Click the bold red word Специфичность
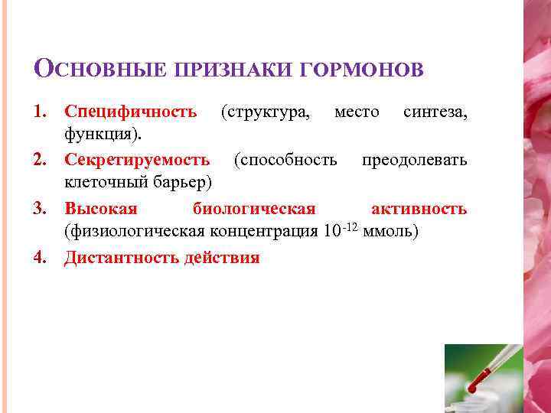click(131, 112)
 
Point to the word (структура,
click(266, 112)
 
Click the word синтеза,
click(435, 112)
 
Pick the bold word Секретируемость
click(138, 160)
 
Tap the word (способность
click(285, 160)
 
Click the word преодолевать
click(414, 160)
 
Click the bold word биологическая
click(254, 209)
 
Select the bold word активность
click(419, 209)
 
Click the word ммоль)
click(390, 232)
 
